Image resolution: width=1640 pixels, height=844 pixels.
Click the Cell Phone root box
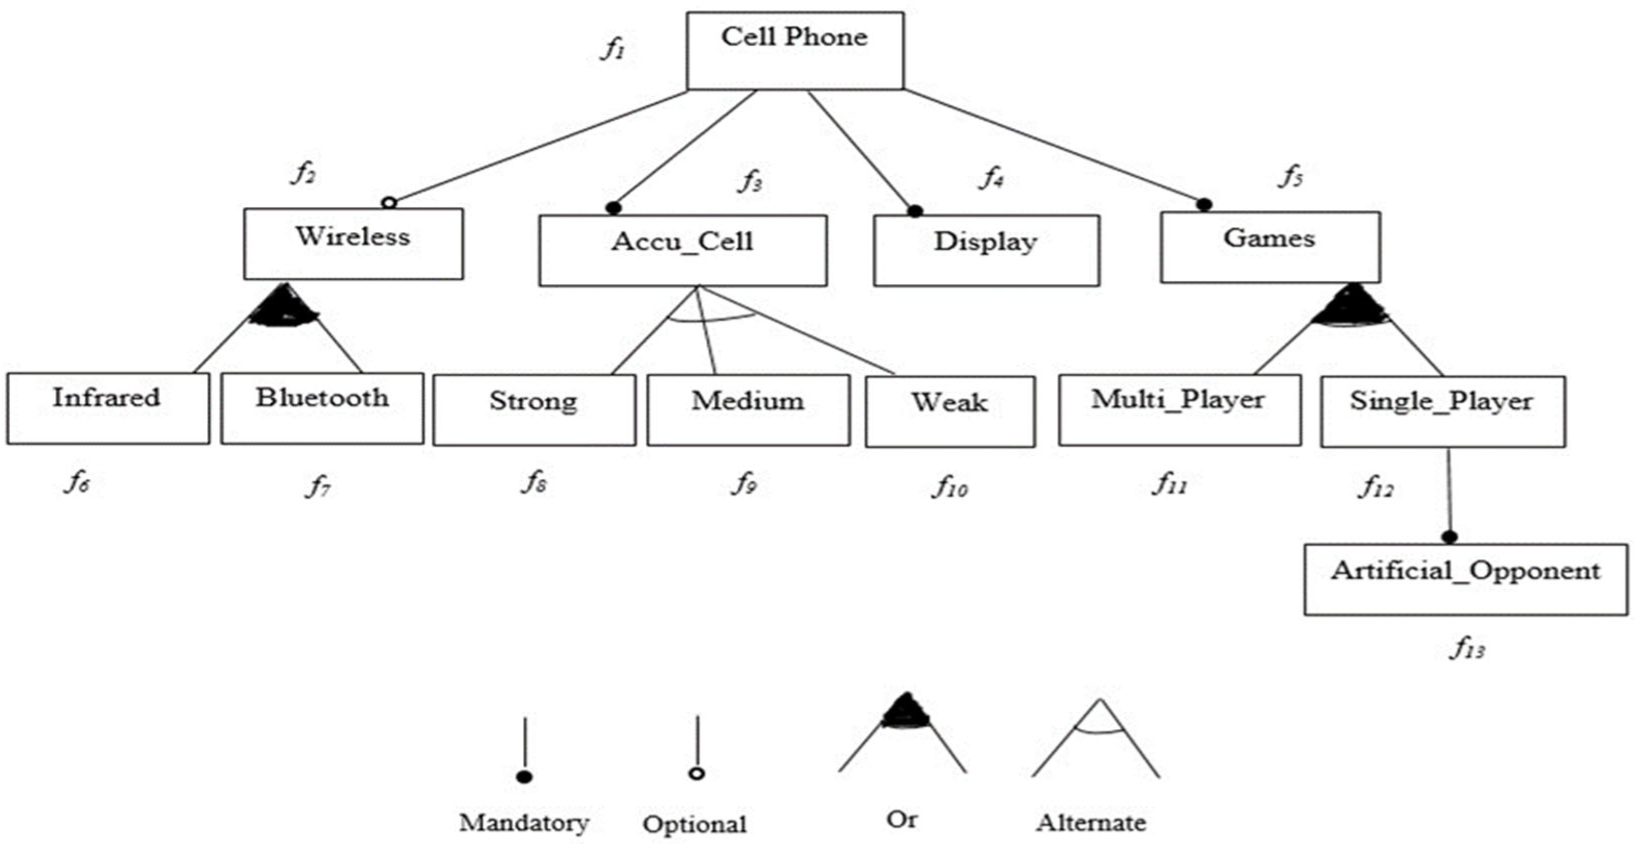[x=795, y=50]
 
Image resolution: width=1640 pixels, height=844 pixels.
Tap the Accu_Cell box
[x=683, y=250]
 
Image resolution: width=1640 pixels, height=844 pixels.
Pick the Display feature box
[x=985, y=250]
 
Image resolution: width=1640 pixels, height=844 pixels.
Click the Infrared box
[x=108, y=408]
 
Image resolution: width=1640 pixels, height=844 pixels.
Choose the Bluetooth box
[x=322, y=408]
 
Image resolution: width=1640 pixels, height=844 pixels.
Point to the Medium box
[x=748, y=409]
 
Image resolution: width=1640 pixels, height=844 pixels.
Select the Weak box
[x=949, y=411]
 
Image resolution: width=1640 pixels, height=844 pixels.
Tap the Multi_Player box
[x=1179, y=409]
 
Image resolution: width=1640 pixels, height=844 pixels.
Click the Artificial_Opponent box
[x=1465, y=578]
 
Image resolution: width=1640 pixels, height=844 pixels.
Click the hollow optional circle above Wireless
[x=390, y=203]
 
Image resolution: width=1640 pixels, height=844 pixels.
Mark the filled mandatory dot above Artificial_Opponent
[x=1449, y=536]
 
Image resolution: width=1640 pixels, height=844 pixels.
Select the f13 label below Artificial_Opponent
[x=1467, y=648]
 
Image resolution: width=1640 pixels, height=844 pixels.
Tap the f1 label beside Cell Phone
[x=613, y=49]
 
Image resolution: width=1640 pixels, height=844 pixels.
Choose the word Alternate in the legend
[x=1090, y=822]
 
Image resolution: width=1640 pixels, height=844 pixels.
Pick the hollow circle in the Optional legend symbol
[x=697, y=773]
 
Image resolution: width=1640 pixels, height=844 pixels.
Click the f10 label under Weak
[x=950, y=487]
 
